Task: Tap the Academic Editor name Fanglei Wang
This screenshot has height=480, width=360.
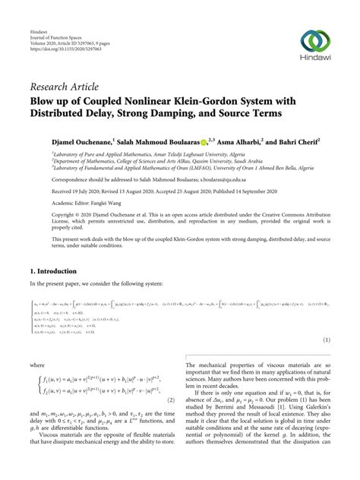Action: click(x=92, y=204)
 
